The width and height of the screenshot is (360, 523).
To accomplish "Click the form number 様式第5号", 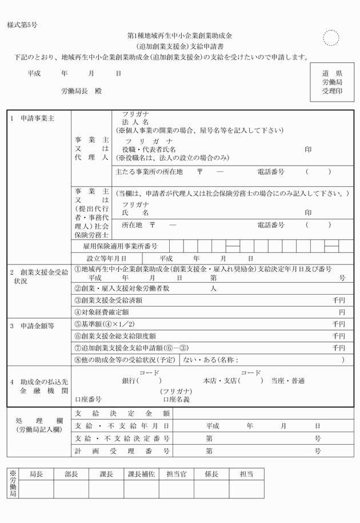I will pos(22,26).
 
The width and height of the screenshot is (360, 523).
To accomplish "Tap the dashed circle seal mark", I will pos(331,38).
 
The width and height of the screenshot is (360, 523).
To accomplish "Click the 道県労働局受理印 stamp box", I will pos(331,82).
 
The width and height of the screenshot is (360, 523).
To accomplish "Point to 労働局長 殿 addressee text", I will pos(81,91).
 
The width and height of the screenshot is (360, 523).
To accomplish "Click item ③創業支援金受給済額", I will pos(109,300).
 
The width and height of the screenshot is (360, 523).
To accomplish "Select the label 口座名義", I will pos(176,399).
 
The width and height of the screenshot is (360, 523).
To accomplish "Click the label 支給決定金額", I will pos(122,413).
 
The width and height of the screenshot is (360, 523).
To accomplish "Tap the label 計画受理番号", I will pos(122,451).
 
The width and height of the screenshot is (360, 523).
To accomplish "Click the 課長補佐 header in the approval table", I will pos(141,474).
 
